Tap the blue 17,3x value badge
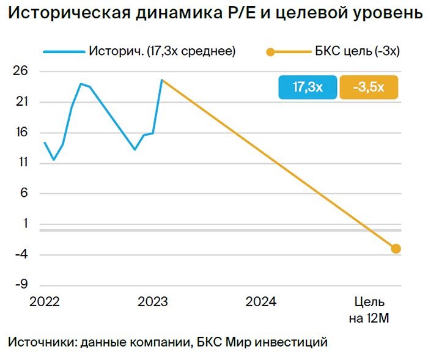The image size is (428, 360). coord(308,87)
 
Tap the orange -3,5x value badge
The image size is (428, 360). coord(368,87)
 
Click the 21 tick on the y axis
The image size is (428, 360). coord(21,103)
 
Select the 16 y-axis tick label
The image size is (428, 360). coord(21,133)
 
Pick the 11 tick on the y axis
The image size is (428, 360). coord(22,164)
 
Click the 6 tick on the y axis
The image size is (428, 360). coord(24,194)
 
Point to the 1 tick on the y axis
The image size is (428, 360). coord(25,224)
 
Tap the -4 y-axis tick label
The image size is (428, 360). coord(21,255)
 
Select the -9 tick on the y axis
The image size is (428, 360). coord(21,285)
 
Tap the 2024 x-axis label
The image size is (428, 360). coord(261,301)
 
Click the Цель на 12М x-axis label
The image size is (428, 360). coord(369,309)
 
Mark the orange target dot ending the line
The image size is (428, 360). coord(396,248)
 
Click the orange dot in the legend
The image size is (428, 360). coord(270,52)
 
